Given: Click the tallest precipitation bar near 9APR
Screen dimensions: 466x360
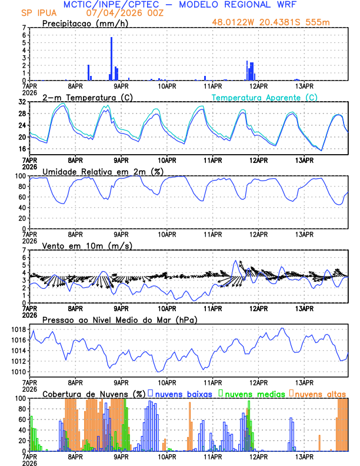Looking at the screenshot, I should pos(111,58).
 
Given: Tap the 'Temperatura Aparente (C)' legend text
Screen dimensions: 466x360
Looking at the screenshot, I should pos(264,97).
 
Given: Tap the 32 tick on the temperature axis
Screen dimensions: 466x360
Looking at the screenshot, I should pos(22,102).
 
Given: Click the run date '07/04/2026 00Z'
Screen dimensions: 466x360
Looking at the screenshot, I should pos(121,12).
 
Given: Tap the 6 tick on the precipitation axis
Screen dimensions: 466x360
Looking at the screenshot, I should pos(24,35).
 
